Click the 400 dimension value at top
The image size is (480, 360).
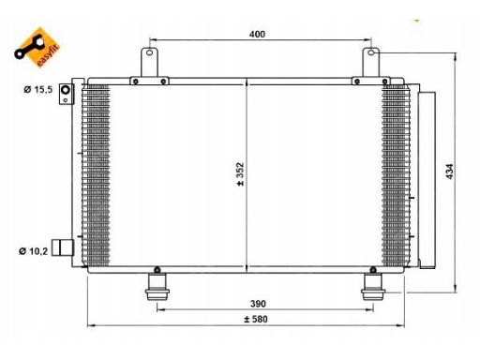(x=257, y=34)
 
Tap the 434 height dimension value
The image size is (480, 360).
(x=449, y=172)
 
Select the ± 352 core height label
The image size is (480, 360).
(x=240, y=174)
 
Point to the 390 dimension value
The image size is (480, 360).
(x=258, y=304)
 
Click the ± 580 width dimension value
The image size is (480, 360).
(x=256, y=319)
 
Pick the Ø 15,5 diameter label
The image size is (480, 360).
(x=38, y=90)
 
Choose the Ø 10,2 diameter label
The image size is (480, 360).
(x=33, y=251)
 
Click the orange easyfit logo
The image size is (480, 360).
(x=37, y=47)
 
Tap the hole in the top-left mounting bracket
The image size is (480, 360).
(x=150, y=52)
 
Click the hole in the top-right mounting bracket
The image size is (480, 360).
(x=371, y=52)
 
